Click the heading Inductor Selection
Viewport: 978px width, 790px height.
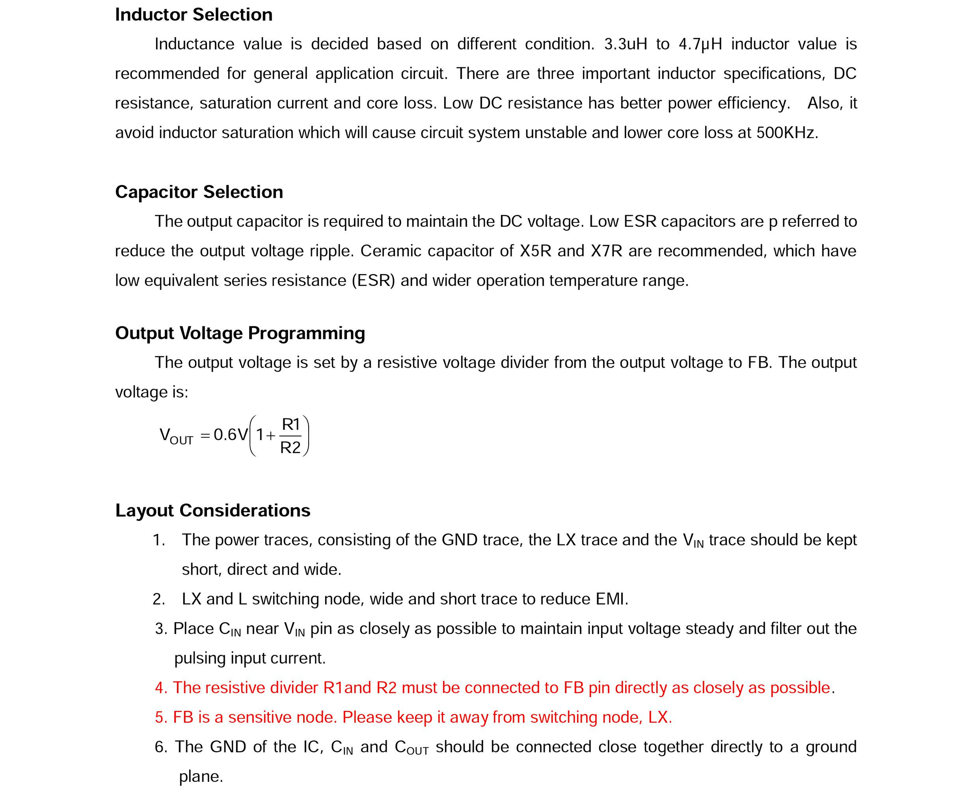194,15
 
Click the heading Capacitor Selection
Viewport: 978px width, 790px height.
199,192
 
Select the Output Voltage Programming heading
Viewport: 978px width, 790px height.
240,333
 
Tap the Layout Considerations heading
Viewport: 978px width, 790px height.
212,511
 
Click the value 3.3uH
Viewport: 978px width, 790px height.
625,44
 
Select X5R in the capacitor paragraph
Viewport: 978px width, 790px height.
535,251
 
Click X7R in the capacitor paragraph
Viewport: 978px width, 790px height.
606,251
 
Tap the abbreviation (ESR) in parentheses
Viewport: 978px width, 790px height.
373,281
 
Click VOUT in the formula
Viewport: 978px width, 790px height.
176,436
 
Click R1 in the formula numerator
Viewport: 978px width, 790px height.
291,425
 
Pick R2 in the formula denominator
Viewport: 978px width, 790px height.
291,448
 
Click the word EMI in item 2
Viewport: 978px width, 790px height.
611,599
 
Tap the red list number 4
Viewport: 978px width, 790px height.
161,688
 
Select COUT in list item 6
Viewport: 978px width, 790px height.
412,747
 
